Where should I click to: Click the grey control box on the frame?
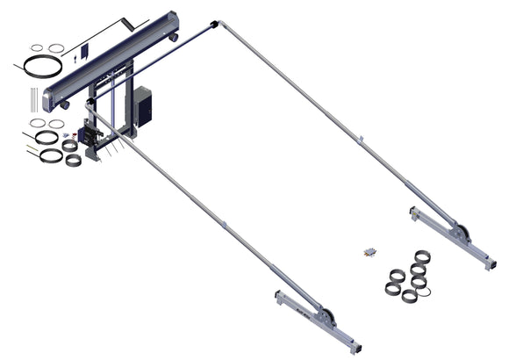pos(142,104)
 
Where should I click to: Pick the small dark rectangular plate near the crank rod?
pos(84,52)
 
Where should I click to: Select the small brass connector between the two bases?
pos(369,252)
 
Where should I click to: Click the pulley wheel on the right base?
pos(460,234)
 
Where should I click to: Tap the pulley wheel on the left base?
pos(326,318)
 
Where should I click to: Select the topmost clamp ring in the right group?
pos(422,256)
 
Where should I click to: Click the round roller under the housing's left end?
pos(65,104)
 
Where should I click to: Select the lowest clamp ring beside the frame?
pos(74,160)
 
